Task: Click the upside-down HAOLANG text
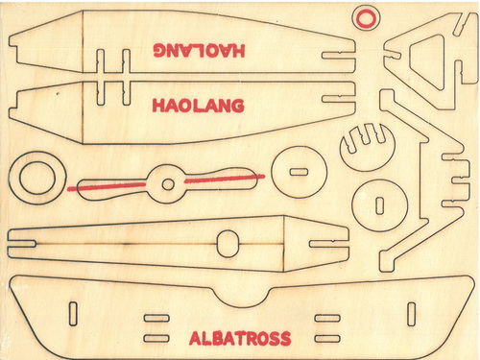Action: coord(199,50)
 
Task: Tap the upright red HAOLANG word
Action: coord(198,106)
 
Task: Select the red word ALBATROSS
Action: coord(240,338)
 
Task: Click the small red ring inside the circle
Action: coord(366,17)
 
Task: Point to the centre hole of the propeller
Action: coord(168,184)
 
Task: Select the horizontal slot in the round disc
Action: coord(299,172)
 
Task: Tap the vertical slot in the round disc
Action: coord(379,205)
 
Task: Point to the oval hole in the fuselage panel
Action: coord(228,243)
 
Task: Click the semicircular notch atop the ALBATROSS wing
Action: coord(242,300)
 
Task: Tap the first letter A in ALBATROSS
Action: coord(196,339)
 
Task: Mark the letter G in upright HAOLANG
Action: coord(237,106)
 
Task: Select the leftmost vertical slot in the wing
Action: coord(73,314)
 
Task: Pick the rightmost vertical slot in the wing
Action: coord(411,314)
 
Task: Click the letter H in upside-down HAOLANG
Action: coord(238,51)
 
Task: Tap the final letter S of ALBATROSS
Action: coord(286,339)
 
